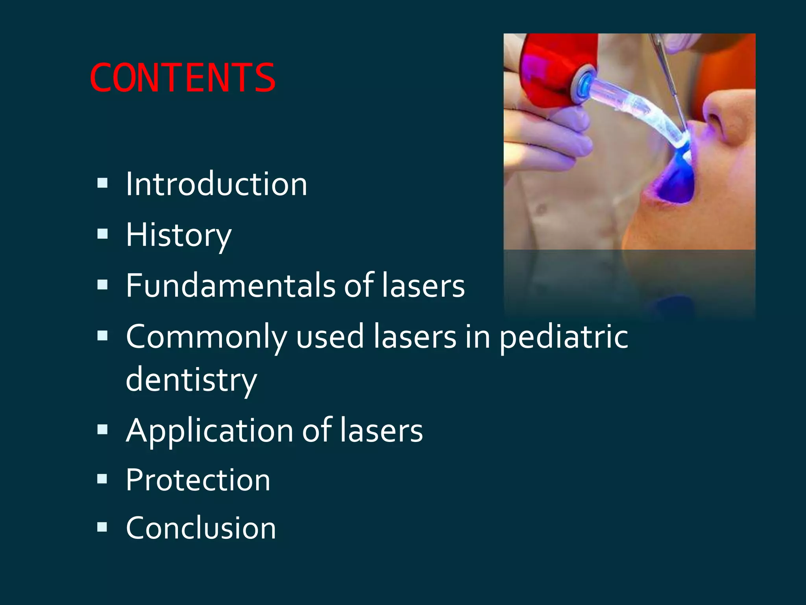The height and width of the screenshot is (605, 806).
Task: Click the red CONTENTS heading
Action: (182, 78)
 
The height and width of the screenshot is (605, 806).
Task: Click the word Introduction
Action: (216, 184)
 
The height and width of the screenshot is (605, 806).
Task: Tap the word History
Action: (178, 235)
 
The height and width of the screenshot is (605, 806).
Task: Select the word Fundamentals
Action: (230, 285)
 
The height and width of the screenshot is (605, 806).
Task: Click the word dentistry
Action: (191, 380)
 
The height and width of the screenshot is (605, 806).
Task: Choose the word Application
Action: (209, 431)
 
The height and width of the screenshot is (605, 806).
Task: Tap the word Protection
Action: (198, 480)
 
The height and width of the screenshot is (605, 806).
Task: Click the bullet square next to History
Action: (102, 234)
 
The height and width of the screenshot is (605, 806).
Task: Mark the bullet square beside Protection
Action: (102, 479)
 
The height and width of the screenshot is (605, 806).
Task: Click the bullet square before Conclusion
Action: (102, 527)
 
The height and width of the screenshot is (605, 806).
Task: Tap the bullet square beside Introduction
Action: (102, 183)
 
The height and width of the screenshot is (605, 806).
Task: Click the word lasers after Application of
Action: (381, 431)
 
